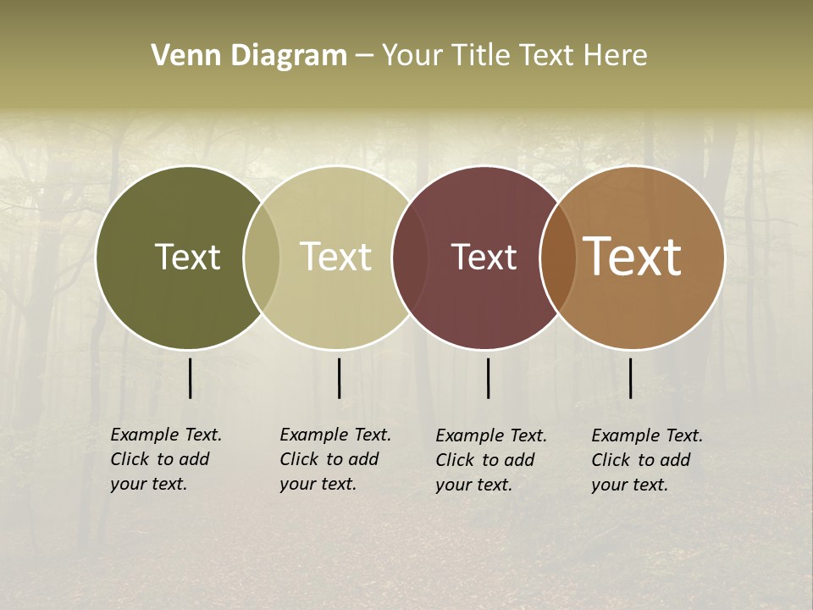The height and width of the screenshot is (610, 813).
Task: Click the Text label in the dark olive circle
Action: pos(187,257)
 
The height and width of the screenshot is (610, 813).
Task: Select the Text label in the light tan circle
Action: pos(336,257)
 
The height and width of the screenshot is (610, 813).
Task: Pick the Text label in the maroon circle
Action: pos(484,257)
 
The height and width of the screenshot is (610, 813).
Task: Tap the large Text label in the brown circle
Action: pos(633,257)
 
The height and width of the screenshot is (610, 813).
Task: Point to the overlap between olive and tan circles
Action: pos(262,258)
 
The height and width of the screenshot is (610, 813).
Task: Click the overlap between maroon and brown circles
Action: pos(558,258)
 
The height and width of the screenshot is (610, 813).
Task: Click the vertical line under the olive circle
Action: pos(190,378)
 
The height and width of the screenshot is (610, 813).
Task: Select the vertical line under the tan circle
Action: pos(339,378)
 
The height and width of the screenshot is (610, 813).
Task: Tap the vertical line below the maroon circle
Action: pos(488,378)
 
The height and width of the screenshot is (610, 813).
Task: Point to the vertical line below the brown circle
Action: pos(630,378)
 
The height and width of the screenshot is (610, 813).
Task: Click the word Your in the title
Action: pos(412,55)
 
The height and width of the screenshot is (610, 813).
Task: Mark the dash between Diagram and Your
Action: pos(364,56)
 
